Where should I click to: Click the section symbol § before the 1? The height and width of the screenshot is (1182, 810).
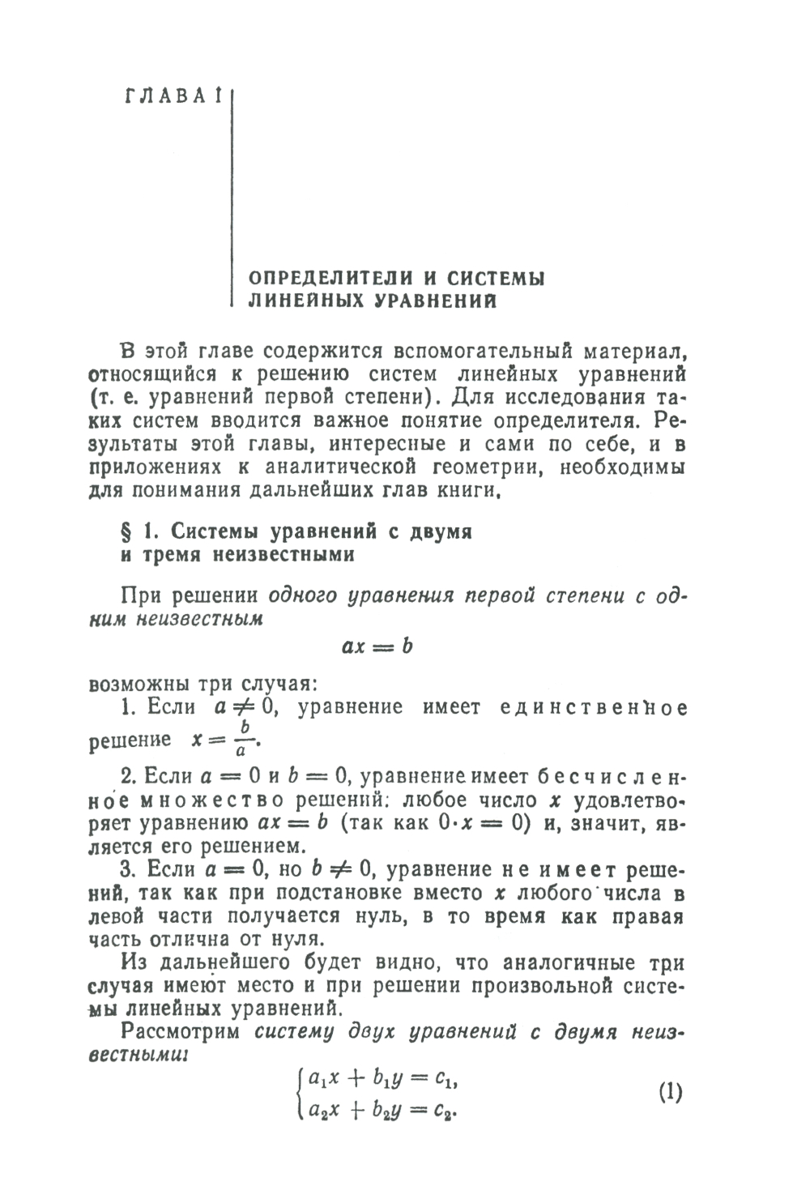pos(126,531)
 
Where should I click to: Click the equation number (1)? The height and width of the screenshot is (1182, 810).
pos(671,1091)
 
